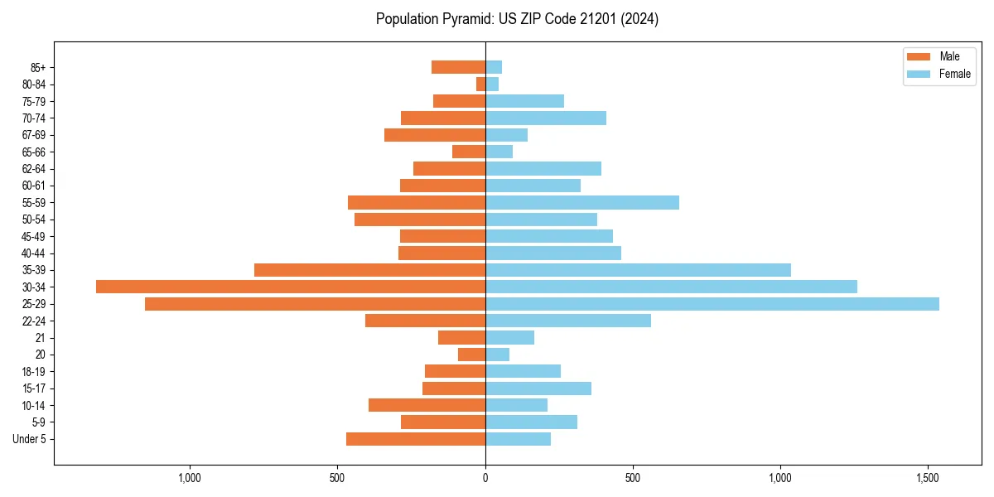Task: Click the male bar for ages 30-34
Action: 290,287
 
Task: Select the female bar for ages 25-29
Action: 712,304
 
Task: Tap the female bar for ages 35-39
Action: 638,270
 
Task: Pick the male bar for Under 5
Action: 416,439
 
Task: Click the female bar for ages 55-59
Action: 582,203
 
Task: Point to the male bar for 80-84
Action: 480,84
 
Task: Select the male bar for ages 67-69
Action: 435,135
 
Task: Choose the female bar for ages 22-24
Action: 568,321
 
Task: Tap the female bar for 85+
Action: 494,67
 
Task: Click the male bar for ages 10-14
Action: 427,405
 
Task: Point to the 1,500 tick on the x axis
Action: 928,478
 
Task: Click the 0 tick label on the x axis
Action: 485,478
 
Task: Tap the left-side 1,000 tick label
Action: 190,478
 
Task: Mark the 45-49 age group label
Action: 34,236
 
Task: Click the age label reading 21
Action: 41,338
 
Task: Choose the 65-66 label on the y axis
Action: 34,152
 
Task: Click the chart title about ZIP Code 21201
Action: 517,19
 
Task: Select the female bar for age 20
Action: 497,355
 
